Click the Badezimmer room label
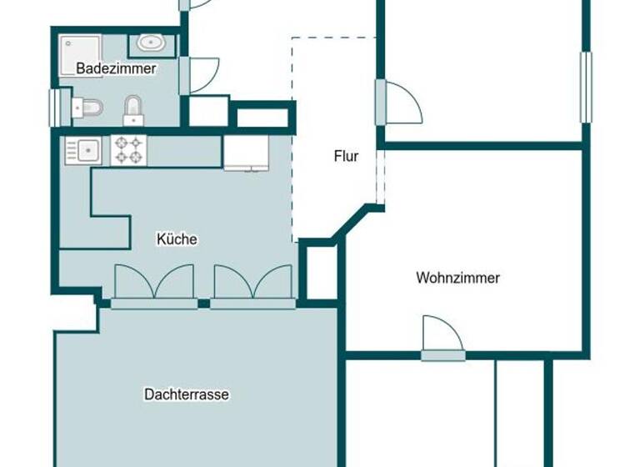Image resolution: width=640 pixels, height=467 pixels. pyautogui.click(x=116, y=69)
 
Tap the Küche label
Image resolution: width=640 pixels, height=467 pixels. pyautogui.click(x=177, y=239)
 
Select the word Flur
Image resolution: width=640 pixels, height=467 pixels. pyautogui.click(x=346, y=156)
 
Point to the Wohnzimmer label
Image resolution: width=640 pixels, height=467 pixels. pyautogui.click(x=457, y=278)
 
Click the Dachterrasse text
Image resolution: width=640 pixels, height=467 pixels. pyautogui.click(x=186, y=394)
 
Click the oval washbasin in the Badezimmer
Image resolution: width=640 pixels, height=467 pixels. pyautogui.click(x=151, y=42)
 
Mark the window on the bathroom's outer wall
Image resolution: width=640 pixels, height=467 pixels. pyautogui.click(x=56, y=107)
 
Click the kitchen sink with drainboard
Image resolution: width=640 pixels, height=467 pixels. pyautogui.click(x=82, y=151)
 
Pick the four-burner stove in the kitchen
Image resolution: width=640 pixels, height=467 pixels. pyautogui.click(x=128, y=151)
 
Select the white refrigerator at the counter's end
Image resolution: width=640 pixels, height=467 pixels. pyautogui.click(x=245, y=153)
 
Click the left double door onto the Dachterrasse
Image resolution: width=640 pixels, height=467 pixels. pyautogui.click(x=153, y=284)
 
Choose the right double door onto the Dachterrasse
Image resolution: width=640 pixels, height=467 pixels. pyautogui.click(x=253, y=284)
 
